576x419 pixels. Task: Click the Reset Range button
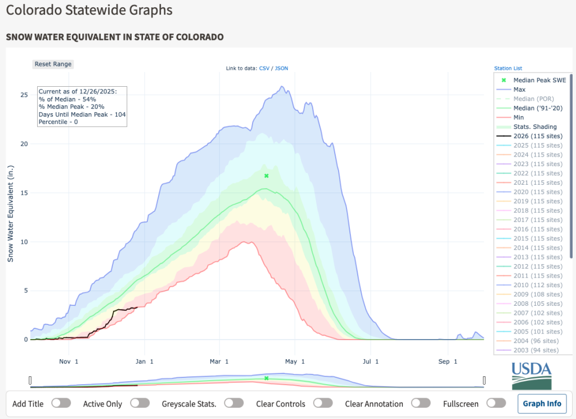point(53,64)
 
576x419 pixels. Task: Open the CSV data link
point(264,68)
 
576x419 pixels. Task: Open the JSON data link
point(281,68)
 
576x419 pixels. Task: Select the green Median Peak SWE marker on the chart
point(267,176)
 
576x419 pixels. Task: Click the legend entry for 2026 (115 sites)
point(537,136)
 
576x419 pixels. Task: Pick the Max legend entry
point(519,90)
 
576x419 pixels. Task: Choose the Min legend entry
point(518,118)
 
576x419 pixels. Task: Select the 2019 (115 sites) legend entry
point(537,201)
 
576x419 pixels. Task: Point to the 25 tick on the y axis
point(24,95)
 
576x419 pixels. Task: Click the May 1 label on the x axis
point(295,360)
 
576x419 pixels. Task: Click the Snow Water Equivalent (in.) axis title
point(11,213)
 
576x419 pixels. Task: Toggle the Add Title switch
point(61,403)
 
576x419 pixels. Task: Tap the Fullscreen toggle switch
point(496,403)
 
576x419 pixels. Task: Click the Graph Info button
point(542,403)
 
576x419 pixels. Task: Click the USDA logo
point(532,375)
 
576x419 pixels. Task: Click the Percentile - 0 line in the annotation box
point(58,121)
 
